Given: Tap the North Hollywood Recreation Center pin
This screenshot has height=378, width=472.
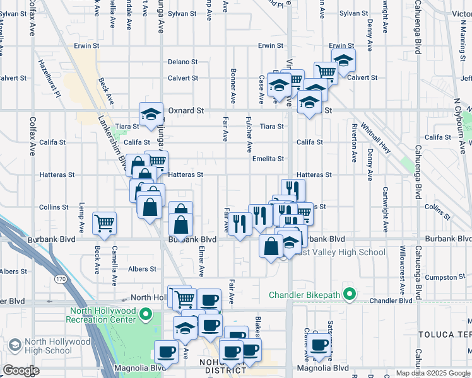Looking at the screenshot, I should (146, 314).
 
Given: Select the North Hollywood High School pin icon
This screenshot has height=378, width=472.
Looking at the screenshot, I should (14, 345).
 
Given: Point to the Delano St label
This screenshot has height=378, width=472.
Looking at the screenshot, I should (182, 62).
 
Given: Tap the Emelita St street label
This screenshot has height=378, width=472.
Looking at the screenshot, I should (268, 159).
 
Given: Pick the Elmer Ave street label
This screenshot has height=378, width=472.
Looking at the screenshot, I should (201, 261).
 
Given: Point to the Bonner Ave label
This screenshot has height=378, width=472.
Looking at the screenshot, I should (233, 86).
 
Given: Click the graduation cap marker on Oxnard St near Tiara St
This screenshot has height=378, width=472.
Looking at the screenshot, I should (151, 114).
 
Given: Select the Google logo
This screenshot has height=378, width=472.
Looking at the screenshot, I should (21, 370).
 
